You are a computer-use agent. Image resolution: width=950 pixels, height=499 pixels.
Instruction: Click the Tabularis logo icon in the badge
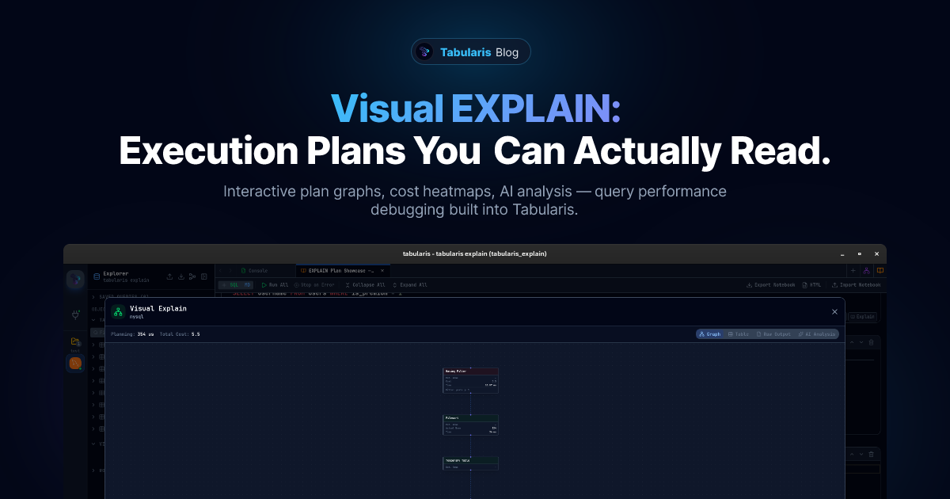[x=425, y=52]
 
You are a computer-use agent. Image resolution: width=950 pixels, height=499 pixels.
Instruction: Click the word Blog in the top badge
[x=507, y=53]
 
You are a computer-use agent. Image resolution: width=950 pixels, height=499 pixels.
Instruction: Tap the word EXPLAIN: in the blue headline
[x=535, y=109]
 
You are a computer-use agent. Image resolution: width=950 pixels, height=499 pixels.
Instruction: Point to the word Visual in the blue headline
[x=386, y=109]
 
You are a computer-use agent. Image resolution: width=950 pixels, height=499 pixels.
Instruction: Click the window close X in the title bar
[x=876, y=254]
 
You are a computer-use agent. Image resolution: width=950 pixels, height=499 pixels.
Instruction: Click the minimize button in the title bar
[x=842, y=254]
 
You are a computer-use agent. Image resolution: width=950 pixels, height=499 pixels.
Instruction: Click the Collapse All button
[x=365, y=285]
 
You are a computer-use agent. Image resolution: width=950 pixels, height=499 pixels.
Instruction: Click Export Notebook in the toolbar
[x=770, y=285]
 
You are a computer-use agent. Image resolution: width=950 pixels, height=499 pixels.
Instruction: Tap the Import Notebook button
[x=856, y=285]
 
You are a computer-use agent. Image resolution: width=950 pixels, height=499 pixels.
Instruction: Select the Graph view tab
[x=709, y=334]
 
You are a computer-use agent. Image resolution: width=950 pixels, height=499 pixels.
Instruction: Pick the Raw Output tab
[x=773, y=334]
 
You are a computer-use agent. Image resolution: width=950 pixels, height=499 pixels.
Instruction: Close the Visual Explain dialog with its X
[x=834, y=312]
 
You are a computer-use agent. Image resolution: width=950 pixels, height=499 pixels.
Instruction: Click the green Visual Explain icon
[x=118, y=312]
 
